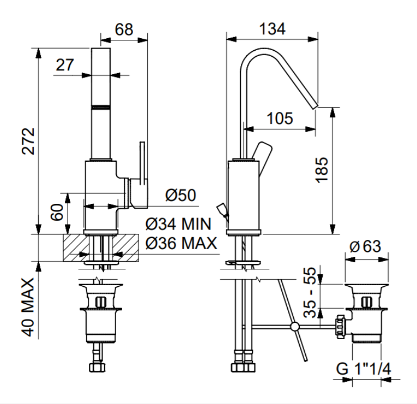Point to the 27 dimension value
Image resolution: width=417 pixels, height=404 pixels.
coord(65,65)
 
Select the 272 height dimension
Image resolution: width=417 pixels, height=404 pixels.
coord(28,141)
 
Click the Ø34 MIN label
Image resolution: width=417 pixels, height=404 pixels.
coord(178,224)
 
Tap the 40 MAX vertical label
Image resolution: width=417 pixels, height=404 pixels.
coord(28,307)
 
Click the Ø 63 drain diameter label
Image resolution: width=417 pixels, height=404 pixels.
coord(365,246)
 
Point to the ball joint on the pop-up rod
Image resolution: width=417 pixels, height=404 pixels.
coord(294,327)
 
